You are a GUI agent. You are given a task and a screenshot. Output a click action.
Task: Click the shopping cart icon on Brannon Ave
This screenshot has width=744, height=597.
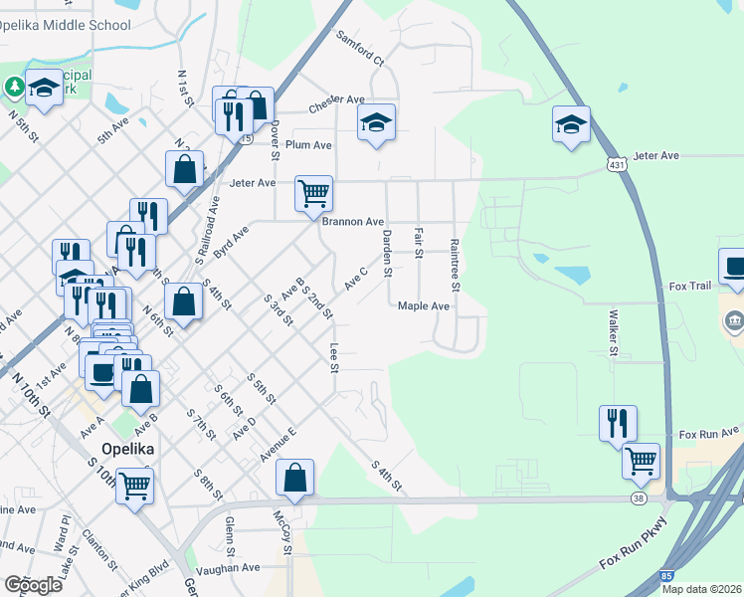point(313,192)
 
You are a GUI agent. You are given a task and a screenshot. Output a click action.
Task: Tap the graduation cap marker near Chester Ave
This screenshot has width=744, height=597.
point(376,122)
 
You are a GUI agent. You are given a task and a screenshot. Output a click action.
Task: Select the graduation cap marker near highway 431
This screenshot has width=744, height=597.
point(571,124)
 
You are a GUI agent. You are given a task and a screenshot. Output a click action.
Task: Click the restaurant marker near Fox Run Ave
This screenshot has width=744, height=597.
point(618,423)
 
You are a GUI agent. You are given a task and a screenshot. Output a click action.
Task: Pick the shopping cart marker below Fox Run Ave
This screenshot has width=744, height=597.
point(642,461)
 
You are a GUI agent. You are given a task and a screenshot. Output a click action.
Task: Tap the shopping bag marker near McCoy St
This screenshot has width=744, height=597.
point(295,478)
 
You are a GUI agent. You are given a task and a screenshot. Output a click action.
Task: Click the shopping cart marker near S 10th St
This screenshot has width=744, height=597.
point(134,488)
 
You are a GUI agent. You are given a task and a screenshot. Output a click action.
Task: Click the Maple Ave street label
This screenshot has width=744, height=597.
point(424,306)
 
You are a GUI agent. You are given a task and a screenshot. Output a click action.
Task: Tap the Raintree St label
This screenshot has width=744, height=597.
point(455,266)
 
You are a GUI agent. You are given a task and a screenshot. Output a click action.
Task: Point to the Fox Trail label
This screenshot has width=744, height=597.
point(690,287)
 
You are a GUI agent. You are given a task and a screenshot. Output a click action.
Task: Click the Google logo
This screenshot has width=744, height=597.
point(33,585)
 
